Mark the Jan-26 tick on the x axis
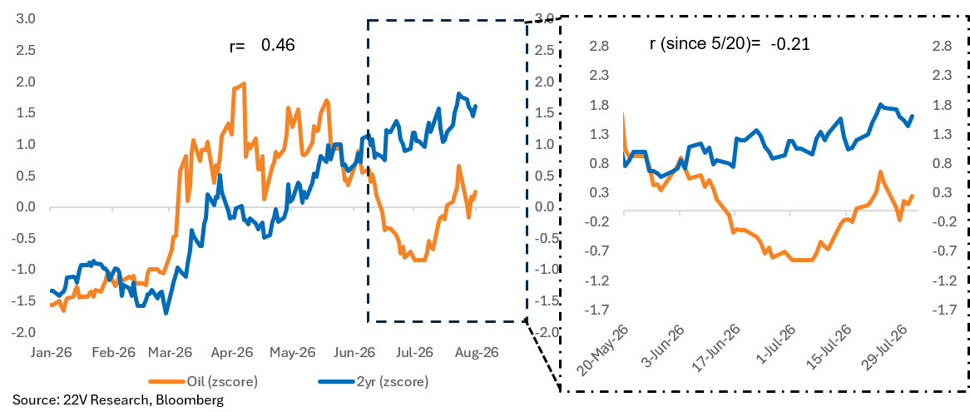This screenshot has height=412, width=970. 52,353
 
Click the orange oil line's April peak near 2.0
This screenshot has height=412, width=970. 244,83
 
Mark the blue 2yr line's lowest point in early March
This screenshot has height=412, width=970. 166,313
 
